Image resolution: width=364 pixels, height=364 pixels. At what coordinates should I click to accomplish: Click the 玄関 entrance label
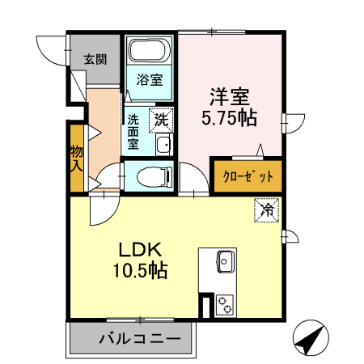click(x=95, y=59)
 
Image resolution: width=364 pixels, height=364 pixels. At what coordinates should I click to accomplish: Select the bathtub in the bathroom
click(x=150, y=53)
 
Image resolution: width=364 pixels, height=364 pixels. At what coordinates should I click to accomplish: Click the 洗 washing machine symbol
click(x=162, y=119)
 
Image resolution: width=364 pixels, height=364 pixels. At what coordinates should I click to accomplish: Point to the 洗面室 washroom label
click(x=133, y=131)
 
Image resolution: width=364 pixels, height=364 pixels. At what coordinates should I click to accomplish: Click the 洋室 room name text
click(x=229, y=95)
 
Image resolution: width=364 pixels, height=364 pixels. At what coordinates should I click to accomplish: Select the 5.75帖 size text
click(x=229, y=118)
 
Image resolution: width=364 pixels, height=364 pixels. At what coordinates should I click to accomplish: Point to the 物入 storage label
click(x=76, y=159)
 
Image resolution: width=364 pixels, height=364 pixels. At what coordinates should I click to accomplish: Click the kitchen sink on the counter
click(x=225, y=261)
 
